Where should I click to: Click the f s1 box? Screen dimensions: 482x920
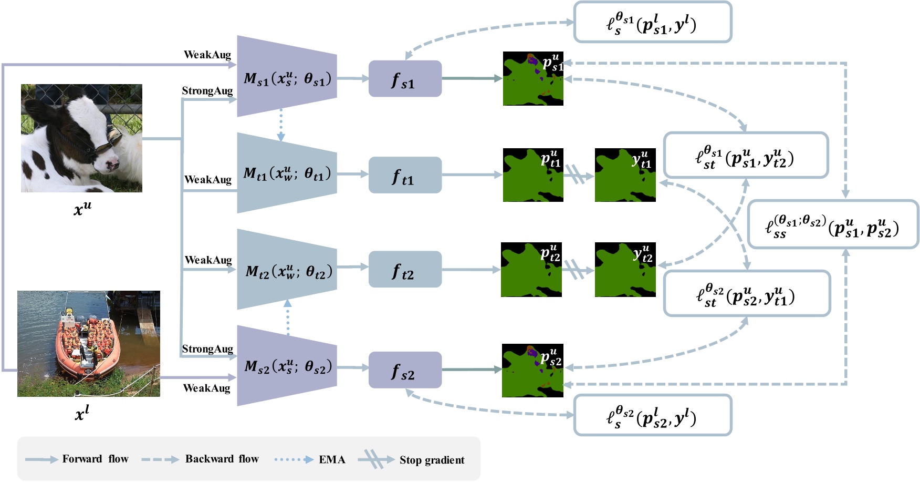(405, 79)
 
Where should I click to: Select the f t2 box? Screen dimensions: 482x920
(405, 270)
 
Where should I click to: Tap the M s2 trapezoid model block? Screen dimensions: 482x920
(287, 366)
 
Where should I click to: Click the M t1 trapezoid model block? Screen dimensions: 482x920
(287, 173)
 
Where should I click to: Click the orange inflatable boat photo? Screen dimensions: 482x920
(88, 343)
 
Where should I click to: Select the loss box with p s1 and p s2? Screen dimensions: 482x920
(832, 224)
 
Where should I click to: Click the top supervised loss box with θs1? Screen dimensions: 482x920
(652, 23)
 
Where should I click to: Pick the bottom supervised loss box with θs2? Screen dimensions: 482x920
(652, 416)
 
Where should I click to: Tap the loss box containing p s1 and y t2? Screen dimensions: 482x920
(745, 156)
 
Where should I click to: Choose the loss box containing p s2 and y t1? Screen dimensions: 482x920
(746, 294)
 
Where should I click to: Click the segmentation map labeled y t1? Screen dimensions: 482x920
(625, 175)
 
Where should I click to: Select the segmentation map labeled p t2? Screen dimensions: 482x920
(531, 270)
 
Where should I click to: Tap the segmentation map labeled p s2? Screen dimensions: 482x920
(532, 370)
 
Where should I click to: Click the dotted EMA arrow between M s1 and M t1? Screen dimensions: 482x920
(281, 125)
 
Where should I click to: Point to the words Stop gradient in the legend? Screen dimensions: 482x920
(432, 460)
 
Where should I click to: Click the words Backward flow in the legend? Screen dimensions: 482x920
(222, 459)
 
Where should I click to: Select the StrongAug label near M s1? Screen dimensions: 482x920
(207, 91)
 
